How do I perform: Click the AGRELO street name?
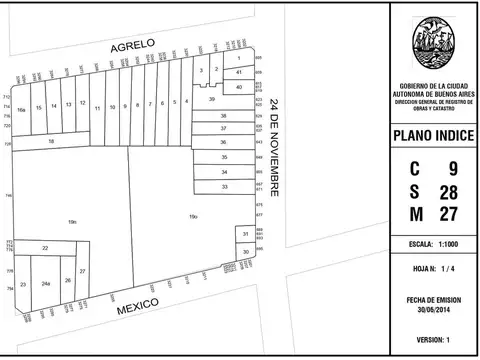click(133, 45)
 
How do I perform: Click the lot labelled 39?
click(211, 99)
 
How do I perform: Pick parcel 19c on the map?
click(72, 221)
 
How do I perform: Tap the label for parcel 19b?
click(193, 216)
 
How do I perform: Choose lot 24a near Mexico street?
click(46, 284)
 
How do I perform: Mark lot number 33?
click(225, 187)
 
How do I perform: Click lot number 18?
click(50, 142)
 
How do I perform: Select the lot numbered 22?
click(45, 247)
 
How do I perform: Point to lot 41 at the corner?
click(239, 73)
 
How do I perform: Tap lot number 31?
click(245, 234)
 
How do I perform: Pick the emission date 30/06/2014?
click(433, 309)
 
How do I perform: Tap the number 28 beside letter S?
click(449, 191)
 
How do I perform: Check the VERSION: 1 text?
click(433, 340)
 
